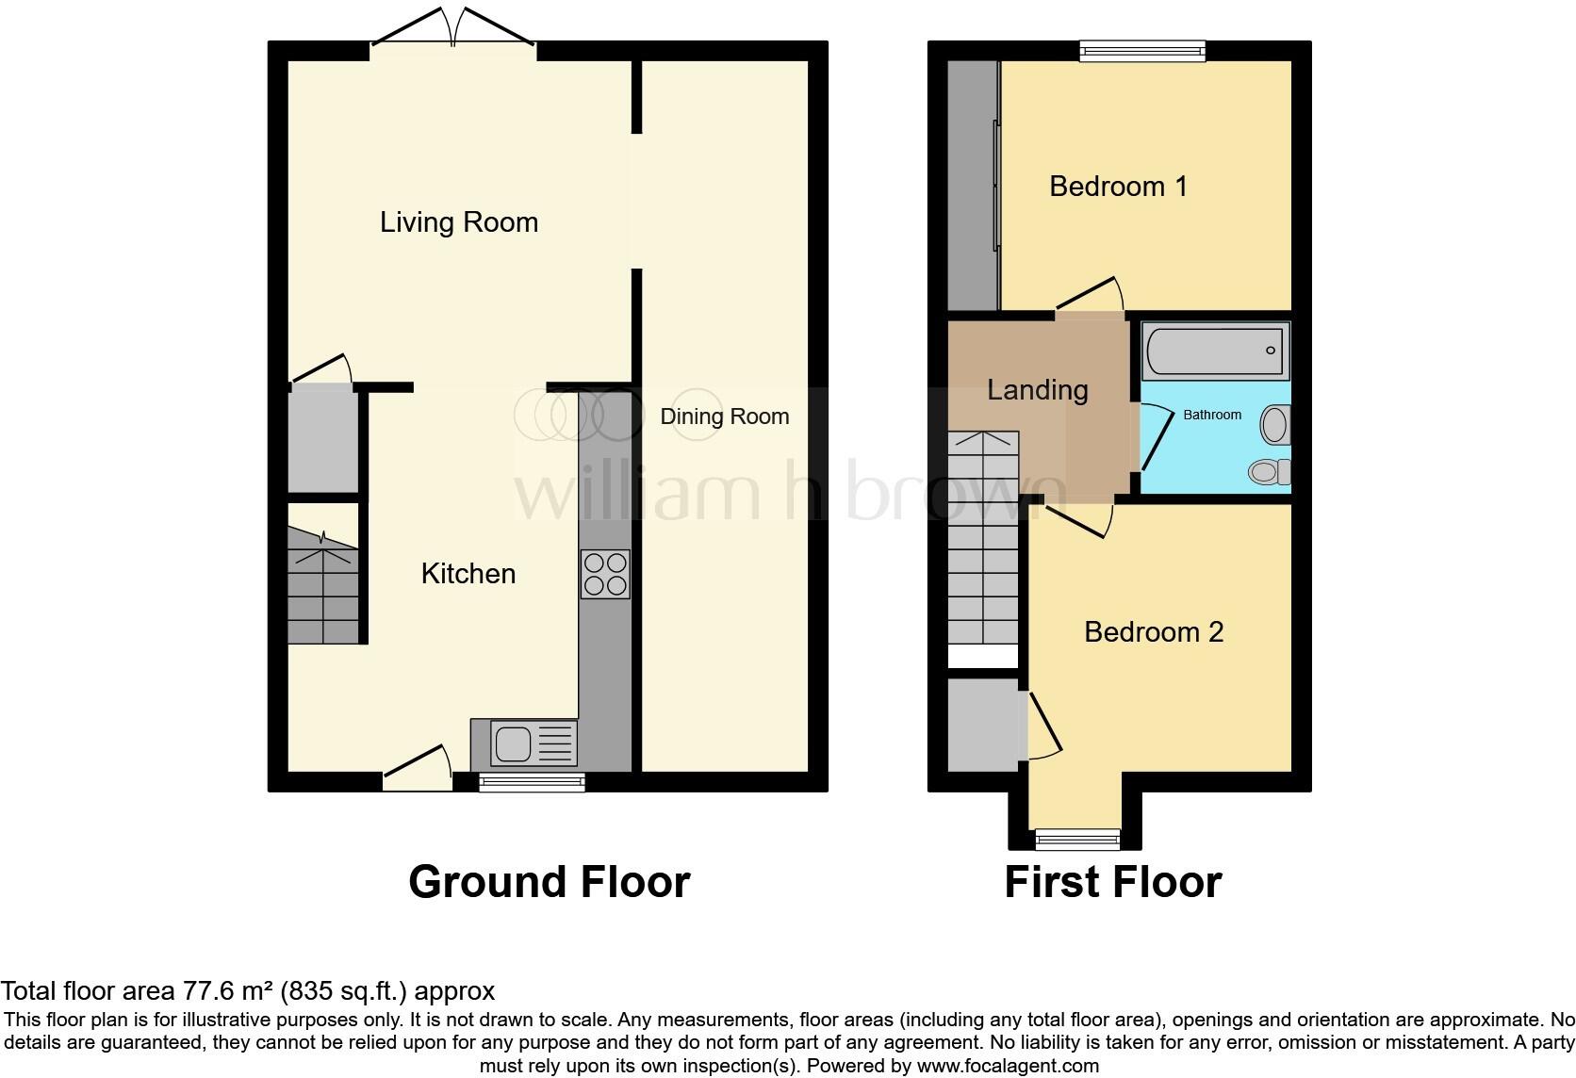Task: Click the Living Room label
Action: point(459,222)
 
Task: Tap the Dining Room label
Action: point(724,416)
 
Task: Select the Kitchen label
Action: point(468,574)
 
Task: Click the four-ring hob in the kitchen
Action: point(605,574)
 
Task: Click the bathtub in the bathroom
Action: point(1214,351)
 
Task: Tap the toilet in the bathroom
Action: point(1269,470)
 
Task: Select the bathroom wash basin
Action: point(1275,425)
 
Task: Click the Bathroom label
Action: point(1212,415)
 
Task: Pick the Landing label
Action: point(1037,390)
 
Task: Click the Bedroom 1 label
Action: point(1118,187)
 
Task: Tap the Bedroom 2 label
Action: point(1154,631)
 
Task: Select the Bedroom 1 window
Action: point(1142,51)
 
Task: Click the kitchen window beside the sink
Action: point(531,780)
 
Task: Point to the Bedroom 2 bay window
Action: point(1077,836)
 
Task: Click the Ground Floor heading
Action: point(549,882)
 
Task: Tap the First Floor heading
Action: point(1112,882)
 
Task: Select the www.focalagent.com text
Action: point(1007,1067)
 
